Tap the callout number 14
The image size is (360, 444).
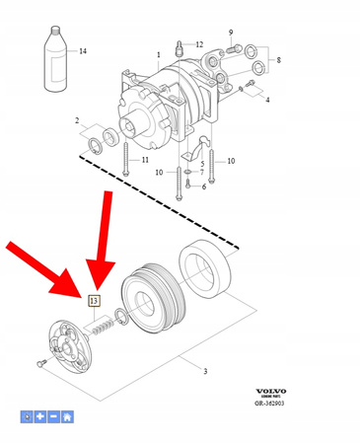click(83, 50)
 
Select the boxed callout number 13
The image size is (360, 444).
click(94, 300)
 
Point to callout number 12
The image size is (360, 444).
click(198, 44)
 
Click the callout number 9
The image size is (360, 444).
click(231, 33)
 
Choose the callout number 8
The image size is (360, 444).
click(278, 60)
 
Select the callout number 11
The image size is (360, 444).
click(145, 160)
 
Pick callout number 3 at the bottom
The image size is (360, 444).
click(204, 372)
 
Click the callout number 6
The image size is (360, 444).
click(205, 186)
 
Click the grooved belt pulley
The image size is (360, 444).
click(151, 297)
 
